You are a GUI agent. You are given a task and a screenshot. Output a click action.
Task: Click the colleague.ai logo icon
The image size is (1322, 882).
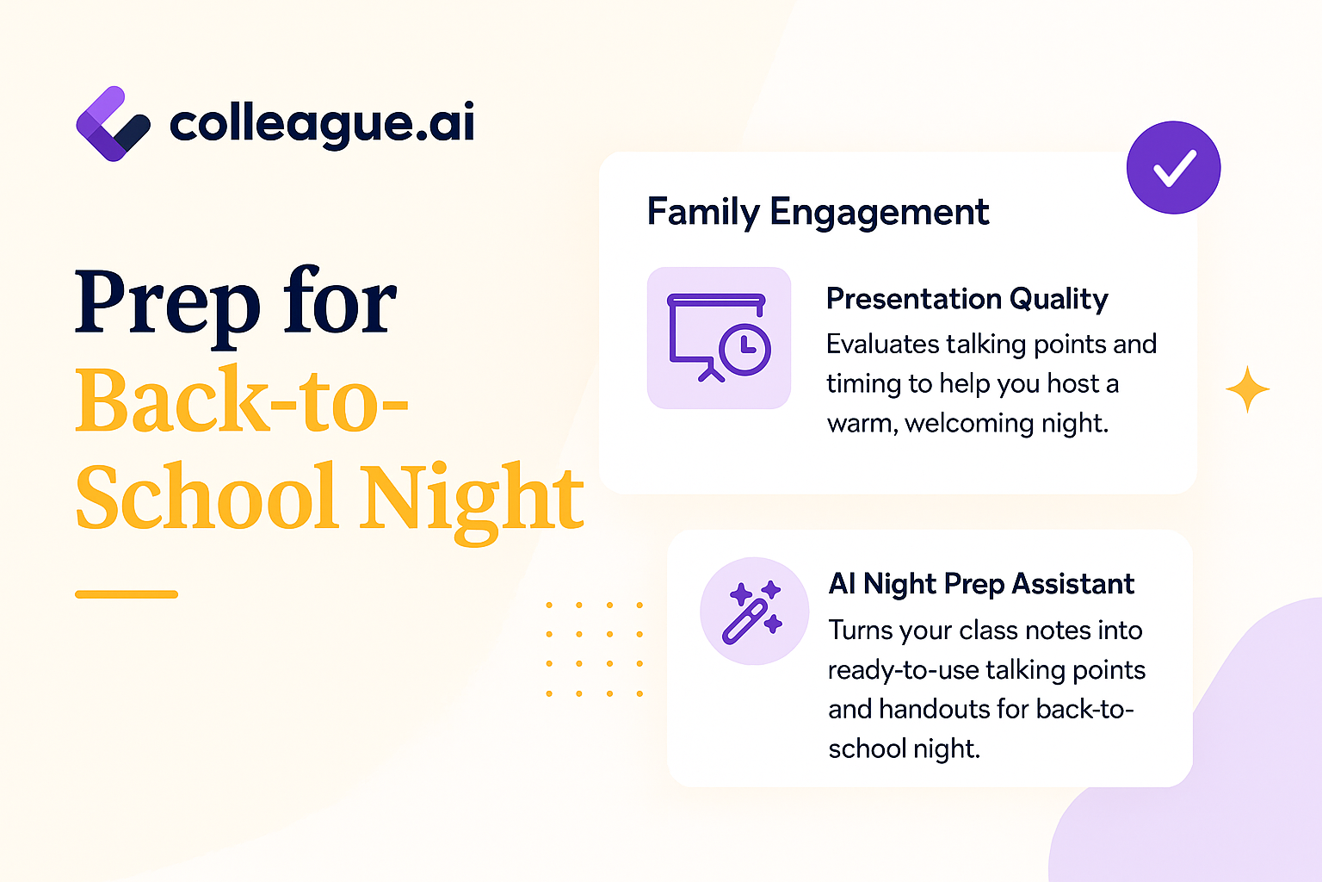pos(113,124)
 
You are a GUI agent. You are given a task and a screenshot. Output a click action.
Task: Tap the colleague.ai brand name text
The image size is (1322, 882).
pos(322,123)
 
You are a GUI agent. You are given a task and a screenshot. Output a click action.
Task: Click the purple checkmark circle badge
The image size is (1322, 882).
pos(1173,167)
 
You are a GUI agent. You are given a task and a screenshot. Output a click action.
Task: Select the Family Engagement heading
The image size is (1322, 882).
pos(818,212)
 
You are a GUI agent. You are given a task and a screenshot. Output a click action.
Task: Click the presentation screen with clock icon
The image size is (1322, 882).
pos(719,338)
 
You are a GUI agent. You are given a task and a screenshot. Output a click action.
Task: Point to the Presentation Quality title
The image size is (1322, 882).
pos(967,299)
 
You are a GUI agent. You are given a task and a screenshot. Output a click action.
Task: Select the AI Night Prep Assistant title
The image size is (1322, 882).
pos(981,584)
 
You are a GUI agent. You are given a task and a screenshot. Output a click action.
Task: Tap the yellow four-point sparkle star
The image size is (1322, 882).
pos(1248,389)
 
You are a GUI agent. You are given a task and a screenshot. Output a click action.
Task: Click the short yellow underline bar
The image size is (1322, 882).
pos(127,594)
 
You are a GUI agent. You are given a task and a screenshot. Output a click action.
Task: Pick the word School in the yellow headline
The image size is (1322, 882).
pos(207,496)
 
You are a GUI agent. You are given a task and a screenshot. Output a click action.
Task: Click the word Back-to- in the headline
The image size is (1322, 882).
pos(242,399)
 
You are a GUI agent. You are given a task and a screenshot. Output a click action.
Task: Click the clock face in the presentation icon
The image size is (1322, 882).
pos(744,349)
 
